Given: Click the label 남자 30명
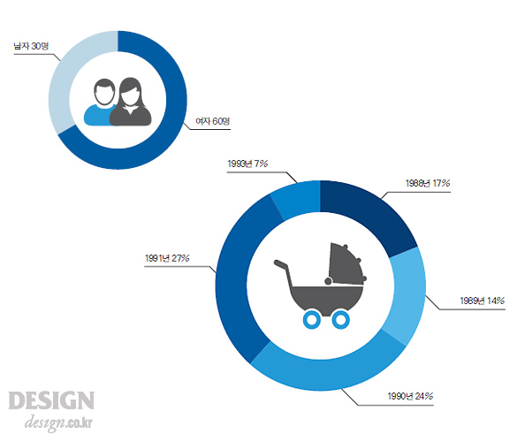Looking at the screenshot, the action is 31,46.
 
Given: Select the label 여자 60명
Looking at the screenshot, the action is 213,121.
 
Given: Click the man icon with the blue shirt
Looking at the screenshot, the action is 101,103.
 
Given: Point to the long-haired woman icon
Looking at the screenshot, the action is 131,103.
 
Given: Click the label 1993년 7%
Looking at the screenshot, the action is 247,164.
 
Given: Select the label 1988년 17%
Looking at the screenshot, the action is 428,183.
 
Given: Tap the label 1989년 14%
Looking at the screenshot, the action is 483,301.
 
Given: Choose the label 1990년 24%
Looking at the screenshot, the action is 410,396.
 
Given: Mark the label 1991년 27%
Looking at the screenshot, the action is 167,258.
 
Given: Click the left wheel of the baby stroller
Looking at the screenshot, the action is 312,319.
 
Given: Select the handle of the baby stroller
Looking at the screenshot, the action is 284,272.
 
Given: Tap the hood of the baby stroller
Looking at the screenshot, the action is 346,264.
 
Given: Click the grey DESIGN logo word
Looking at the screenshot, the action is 51,400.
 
